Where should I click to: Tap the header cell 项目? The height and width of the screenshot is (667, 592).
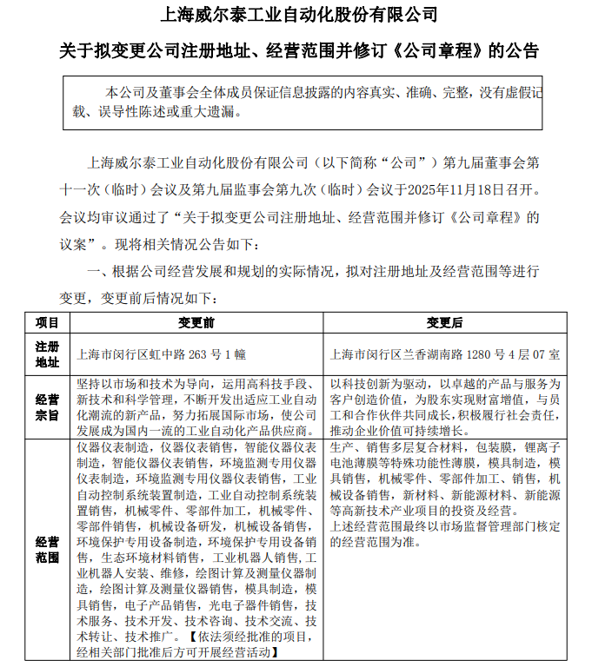pos(48,322)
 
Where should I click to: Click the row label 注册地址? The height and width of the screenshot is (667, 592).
pos(48,353)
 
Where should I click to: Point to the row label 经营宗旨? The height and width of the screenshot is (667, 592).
pos(48,407)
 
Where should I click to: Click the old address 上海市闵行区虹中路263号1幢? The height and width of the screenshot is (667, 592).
pos(162,354)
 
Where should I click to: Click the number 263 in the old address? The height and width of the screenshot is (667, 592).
pos(199,354)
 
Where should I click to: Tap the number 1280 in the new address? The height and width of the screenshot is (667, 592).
pos(475,354)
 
